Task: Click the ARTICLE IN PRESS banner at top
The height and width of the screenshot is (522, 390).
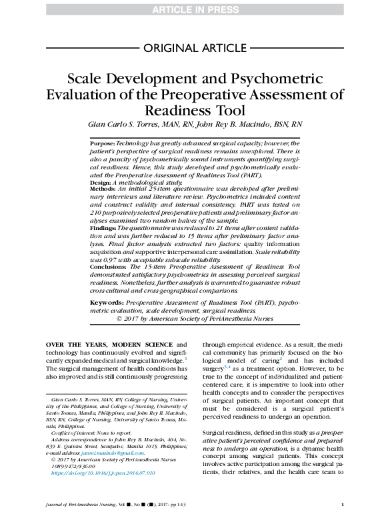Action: [195, 8]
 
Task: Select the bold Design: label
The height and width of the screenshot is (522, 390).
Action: [101, 181]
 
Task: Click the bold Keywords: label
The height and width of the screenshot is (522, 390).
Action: [107, 302]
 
